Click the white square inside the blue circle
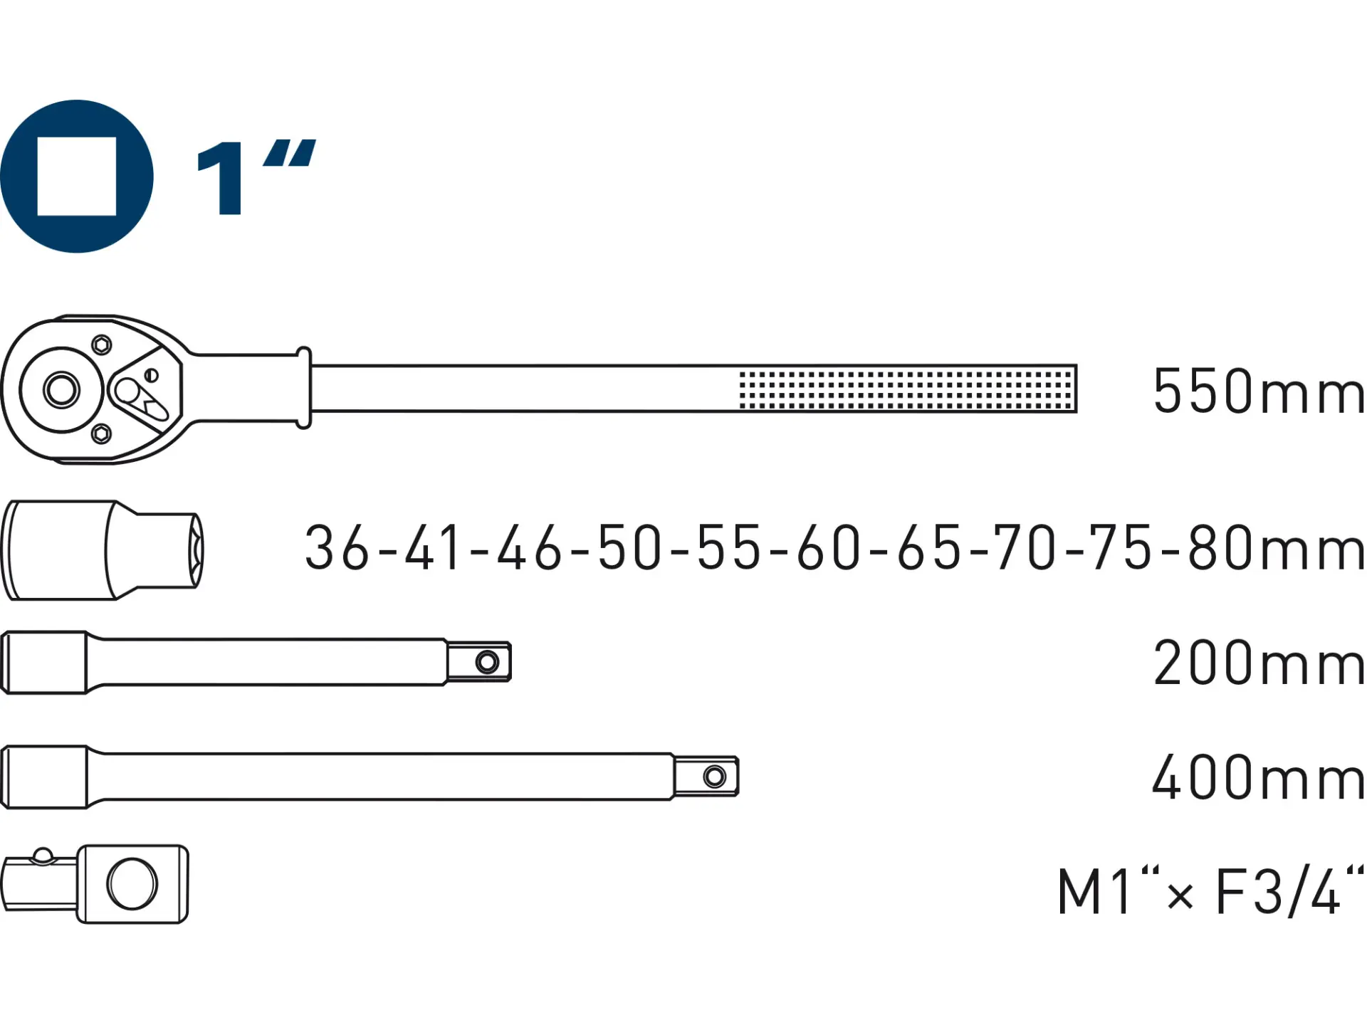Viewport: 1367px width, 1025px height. pos(77,177)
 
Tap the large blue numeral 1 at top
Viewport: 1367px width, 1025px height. pos(221,177)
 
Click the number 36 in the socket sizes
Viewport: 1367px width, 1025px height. pos(337,547)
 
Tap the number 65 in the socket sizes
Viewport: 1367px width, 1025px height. pos(929,547)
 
